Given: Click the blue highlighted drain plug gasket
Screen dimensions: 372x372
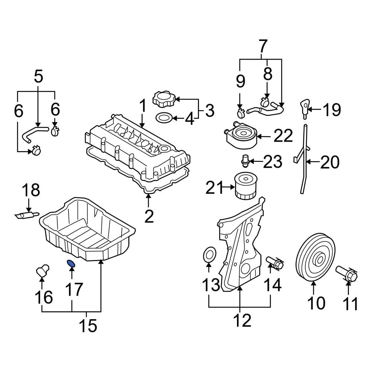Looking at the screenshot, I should (71, 263).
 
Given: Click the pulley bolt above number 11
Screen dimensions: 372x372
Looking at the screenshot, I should (347, 275).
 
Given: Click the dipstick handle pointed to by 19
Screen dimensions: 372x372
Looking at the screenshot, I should (304, 106).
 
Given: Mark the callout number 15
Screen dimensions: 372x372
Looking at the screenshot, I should (88, 325).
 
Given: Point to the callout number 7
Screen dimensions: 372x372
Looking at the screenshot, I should (262, 46).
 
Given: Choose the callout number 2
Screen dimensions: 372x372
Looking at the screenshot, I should (149, 216).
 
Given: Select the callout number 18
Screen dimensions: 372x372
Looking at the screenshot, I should (31, 190).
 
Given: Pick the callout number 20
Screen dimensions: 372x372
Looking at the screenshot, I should (329, 162).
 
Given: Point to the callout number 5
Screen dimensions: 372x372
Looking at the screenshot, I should (38, 76).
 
